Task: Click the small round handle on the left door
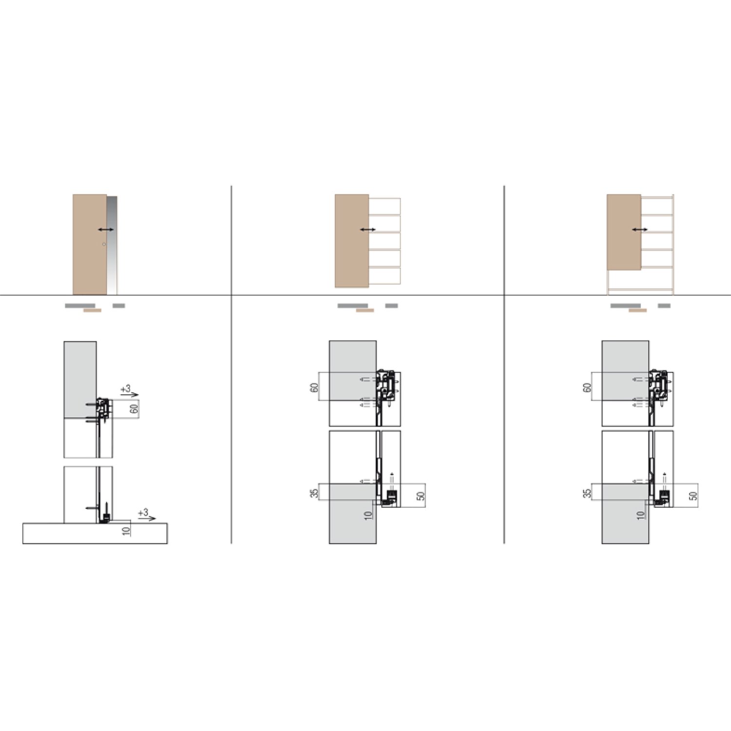click(104, 244)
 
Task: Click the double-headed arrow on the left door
click(106, 230)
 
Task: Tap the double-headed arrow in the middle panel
click(368, 230)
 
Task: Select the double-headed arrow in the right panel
click(640, 230)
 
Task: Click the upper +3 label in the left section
click(126, 389)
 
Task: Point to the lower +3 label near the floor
click(143, 513)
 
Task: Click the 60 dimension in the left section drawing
click(134, 409)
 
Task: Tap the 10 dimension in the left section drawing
click(126, 530)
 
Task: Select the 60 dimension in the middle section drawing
click(314, 388)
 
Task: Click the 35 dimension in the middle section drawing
click(314, 493)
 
